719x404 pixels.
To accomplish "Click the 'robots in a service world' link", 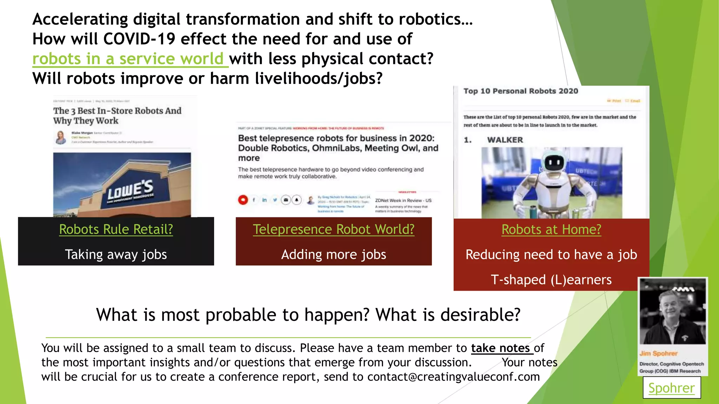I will [128, 59].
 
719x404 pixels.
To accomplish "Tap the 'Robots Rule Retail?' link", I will [116, 229].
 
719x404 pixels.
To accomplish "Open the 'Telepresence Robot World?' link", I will [334, 229].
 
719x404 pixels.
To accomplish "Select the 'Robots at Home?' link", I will [551, 229].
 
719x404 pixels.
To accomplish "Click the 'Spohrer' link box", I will [671, 388].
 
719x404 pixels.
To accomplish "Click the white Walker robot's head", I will [554, 162].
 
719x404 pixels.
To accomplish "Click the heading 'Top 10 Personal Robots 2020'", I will [521, 91].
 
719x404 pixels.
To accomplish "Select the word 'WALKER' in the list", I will [505, 140].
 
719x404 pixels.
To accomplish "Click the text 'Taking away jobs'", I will [116, 255].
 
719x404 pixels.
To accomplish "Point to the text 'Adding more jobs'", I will [334, 255].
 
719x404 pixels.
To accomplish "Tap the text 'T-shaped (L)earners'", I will [551, 280].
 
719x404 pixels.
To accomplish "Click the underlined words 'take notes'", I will [500, 348].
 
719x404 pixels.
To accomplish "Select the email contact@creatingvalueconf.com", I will [453, 377].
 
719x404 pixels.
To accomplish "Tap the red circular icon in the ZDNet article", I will [243, 200].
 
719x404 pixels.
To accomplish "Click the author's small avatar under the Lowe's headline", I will [61, 137].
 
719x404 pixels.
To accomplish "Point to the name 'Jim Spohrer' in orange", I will [658, 353].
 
